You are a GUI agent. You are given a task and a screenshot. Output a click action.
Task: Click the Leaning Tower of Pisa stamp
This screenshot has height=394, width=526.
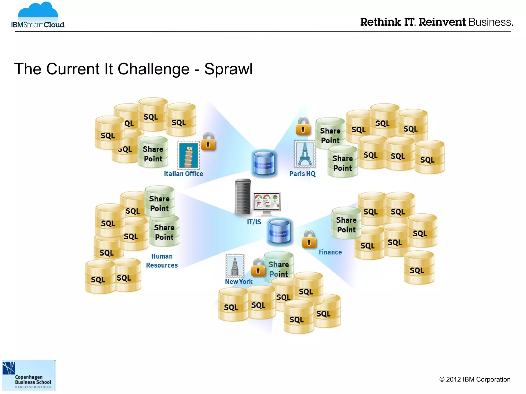coord(189,155)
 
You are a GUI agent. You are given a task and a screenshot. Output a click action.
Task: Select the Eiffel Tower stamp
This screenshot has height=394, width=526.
coord(305,154)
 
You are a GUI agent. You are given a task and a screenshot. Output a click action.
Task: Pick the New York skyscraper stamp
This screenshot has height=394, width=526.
coord(235,266)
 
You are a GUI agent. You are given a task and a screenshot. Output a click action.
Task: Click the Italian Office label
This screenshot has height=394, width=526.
coord(183,174)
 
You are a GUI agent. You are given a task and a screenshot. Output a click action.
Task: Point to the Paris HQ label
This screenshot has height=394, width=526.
coord(302,174)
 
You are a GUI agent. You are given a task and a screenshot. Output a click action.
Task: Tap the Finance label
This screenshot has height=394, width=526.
coord(330,252)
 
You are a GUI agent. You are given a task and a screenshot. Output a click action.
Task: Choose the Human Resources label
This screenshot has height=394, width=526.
coord(162,261)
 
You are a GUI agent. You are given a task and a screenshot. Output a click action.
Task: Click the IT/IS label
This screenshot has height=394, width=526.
coord(254,222)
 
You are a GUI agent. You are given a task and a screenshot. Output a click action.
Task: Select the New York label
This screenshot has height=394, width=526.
coord(239,282)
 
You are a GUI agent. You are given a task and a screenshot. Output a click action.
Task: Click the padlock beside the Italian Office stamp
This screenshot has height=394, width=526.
coord(208,142)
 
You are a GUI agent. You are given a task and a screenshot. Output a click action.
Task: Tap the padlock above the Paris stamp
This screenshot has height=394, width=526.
coord(303,126)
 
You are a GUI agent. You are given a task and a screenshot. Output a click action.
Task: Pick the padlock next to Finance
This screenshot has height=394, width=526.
coord(309,240)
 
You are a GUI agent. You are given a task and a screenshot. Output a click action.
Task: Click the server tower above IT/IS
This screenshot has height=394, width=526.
coord(243,196)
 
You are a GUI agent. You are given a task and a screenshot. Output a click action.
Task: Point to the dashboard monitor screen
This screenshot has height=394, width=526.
coord(267,202)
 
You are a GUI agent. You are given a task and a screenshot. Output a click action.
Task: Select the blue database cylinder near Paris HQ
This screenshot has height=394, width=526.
coord(264,163)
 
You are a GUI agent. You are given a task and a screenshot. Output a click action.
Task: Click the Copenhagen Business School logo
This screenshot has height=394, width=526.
coord(28,375)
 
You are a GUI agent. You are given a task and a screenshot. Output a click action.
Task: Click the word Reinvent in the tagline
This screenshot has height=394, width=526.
coord(442,22)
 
